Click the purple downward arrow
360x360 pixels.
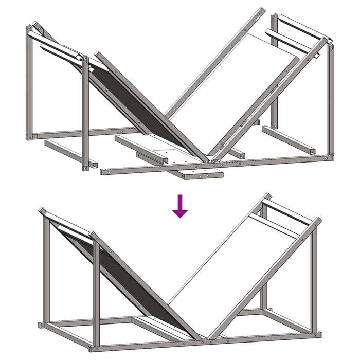[179, 206]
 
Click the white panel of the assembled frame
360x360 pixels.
[226, 267]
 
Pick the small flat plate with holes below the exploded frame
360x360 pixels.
[204, 175]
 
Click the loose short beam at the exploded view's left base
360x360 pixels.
[69, 153]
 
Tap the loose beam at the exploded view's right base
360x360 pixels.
[288, 139]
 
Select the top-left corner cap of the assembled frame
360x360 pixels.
[42, 210]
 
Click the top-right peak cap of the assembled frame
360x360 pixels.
[267, 196]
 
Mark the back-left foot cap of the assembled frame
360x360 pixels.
[41, 325]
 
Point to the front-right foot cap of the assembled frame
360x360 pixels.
[318, 335]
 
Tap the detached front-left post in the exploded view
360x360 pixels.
[85, 113]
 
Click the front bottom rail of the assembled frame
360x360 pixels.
[206, 340]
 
